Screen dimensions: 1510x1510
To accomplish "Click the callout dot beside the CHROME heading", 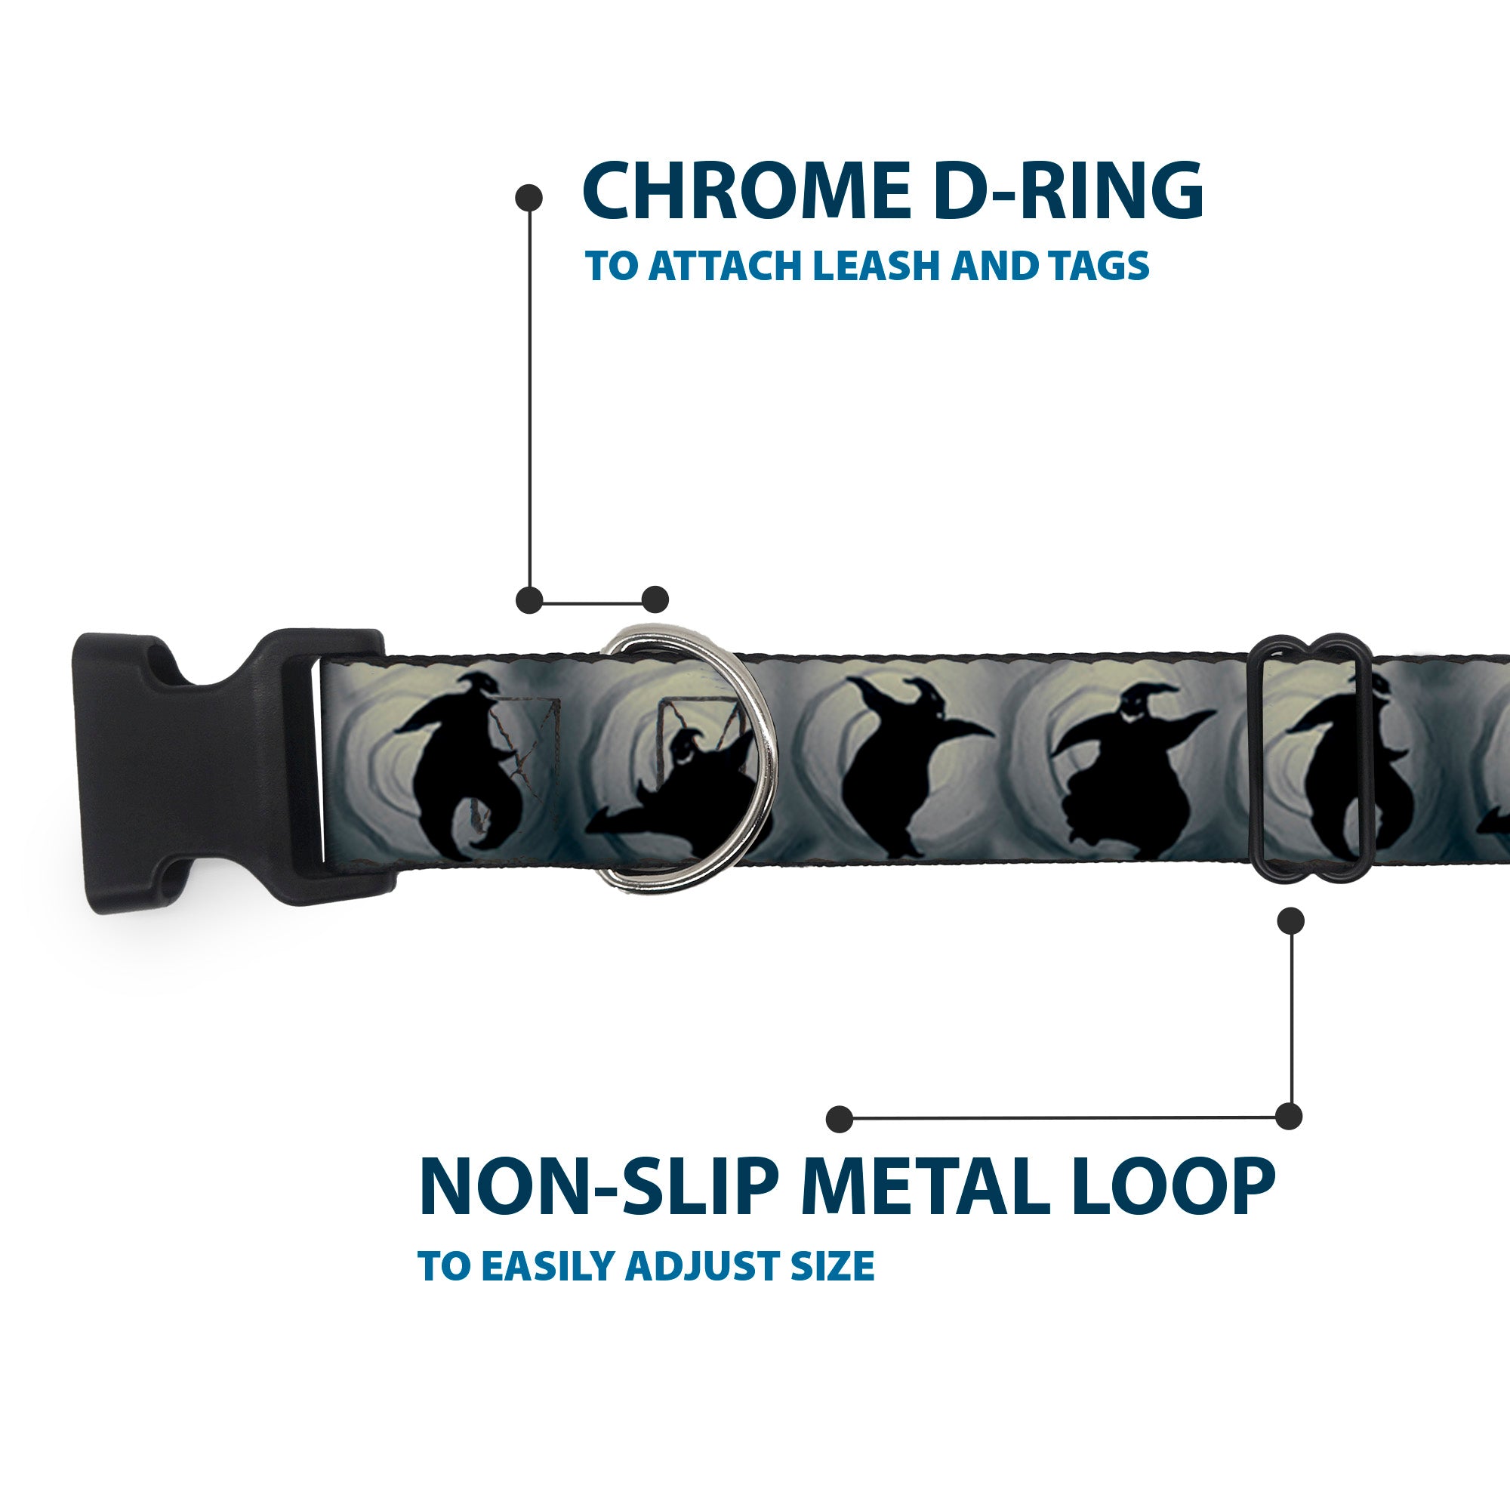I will click(x=529, y=197).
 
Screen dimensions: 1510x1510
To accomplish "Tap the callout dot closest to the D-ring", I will click(x=655, y=599).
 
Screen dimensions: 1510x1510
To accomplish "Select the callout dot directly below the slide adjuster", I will click(x=1290, y=920).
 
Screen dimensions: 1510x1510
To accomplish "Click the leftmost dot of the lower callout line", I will click(x=840, y=1118).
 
